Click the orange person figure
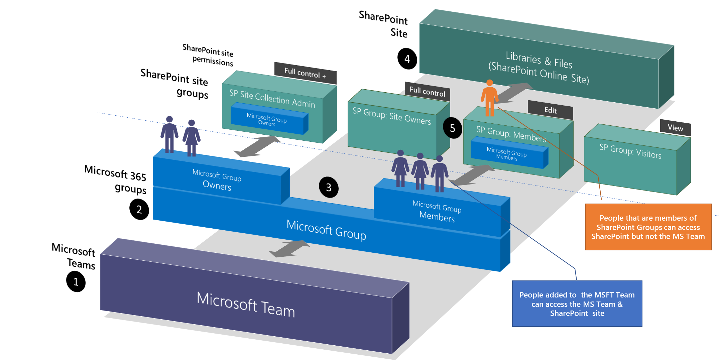pyautogui.click(x=489, y=98)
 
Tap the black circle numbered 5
pyautogui.click(x=452, y=128)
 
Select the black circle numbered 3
pyautogui.click(x=329, y=188)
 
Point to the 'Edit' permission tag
pyautogui.click(x=550, y=110)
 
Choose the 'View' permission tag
pyautogui.click(x=675, y=128)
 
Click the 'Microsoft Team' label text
pyautogui.click(x=246, y=304)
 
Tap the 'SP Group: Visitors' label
pyautogui.click(x=630, y=151)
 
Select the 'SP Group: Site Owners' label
pyautogui.click(x=391, y=116)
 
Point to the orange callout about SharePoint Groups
pyautogui.click(x=648, y=227)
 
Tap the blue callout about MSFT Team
pyautogui.click(x=577, y=304)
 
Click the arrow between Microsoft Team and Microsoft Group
pyautogui.click(x=289, y=249)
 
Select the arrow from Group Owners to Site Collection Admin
pyautogui.click(x=257, y=146)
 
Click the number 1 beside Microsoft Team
pyautogui.click(x=76, y=282)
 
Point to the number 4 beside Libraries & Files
pyautogui.click(x=407, y=59)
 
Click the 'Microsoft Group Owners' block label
pyautogui.click(x=217, y=180)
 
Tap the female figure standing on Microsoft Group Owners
pyautogui.click(x=192, y=138)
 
